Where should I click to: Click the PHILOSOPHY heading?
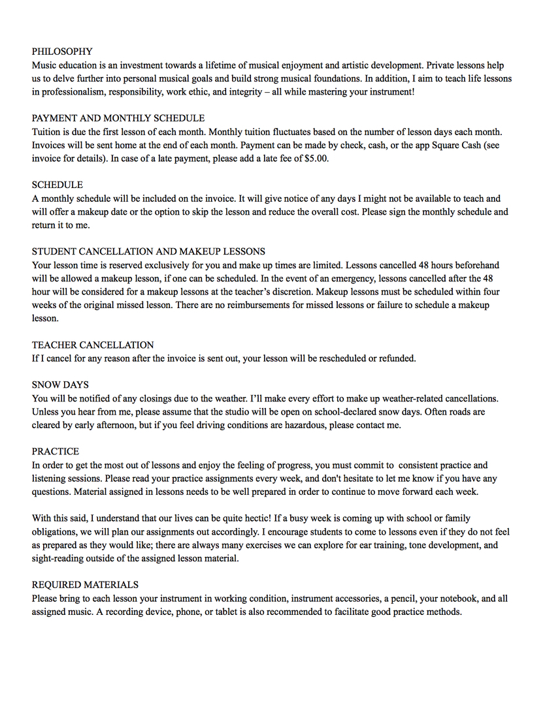tap(62, 52)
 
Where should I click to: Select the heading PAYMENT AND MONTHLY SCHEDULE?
tap(118, 118)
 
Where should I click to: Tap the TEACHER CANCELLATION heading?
tap(93, 345)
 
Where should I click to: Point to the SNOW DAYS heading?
tap(60, 384)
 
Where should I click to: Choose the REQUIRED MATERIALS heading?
tap(85, 584)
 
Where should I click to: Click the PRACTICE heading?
tap(56, 451)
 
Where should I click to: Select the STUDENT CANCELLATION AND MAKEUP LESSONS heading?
tap(148, 251)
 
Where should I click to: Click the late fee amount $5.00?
tap(316, 159)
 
